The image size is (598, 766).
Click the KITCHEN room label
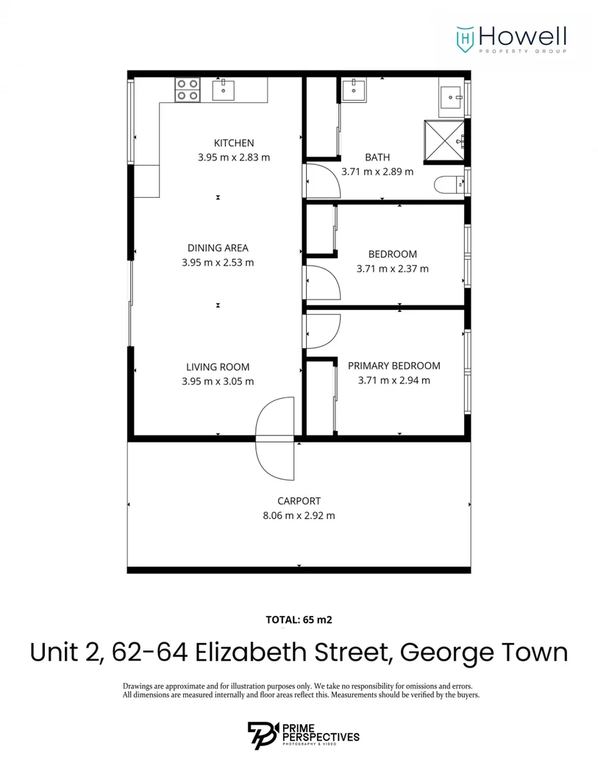point(233,143)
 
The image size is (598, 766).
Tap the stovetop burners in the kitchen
point(187,90)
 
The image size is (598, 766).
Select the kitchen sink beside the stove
point(224,90)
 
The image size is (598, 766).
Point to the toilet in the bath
point(447,185)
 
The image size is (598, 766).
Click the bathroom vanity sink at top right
point(449,96)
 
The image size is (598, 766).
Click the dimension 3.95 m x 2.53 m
point(218,262)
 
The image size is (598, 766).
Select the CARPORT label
point(299,501)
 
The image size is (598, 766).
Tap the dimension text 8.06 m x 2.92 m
point(299,516)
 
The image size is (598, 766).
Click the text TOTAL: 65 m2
point(299,620)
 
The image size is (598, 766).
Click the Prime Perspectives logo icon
point(262,736)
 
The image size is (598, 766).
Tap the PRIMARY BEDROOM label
point(394,366)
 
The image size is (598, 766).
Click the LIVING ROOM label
point(218,366)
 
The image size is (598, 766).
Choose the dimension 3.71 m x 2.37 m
point(392,269)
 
